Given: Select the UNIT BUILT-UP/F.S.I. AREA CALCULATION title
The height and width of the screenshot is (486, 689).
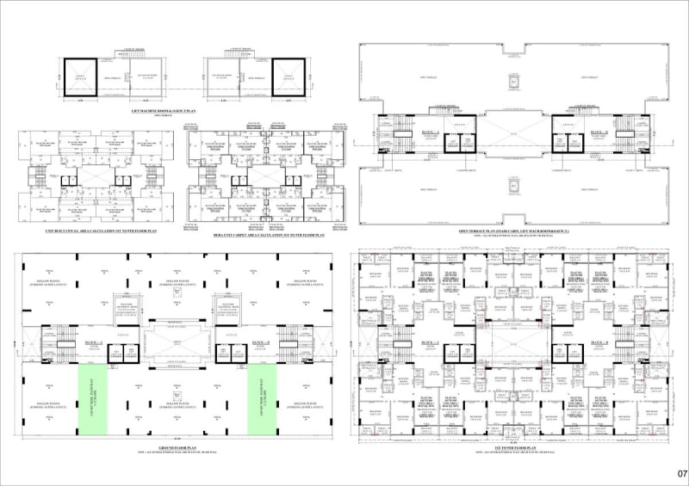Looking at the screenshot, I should click(100, 231).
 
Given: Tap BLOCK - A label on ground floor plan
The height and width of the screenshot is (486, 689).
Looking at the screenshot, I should click(92, 343).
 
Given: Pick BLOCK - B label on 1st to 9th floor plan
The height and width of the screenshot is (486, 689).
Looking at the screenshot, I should click(598, 343).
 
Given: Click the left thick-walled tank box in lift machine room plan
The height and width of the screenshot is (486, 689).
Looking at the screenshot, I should click(77, 77).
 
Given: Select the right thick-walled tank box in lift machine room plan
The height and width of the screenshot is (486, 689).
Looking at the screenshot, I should click(289, 77).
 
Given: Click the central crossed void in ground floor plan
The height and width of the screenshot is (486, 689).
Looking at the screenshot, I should click(177, 344).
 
